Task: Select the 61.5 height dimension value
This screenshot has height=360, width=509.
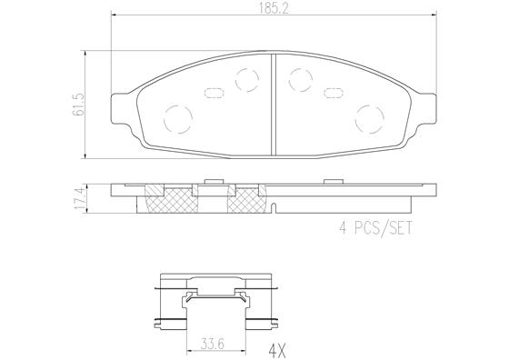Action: tap(79, 103)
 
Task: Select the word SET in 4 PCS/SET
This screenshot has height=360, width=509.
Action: tap(398, 228)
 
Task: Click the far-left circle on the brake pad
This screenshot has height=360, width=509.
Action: tap(175, 117)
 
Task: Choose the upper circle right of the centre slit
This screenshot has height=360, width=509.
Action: tap(299, 80)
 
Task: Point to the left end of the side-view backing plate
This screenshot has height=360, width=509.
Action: tap(115, 191)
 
